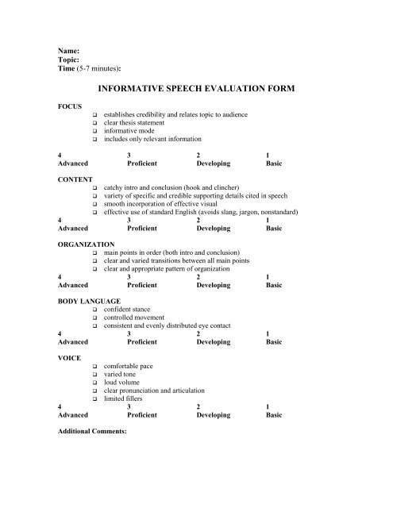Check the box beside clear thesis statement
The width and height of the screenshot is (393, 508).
[94, 124]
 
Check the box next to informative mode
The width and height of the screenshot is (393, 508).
[94, 133]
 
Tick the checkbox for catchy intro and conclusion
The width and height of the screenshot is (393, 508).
[94, 187]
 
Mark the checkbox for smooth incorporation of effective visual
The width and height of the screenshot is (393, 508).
[94, 205]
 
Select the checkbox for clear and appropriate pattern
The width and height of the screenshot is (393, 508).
[94, 269]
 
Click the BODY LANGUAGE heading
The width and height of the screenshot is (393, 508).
[90, 302]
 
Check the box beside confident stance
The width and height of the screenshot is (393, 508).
[94, 310]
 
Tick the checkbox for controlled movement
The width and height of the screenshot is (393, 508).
[94, 318]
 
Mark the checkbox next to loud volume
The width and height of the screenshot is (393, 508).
[94, 384]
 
